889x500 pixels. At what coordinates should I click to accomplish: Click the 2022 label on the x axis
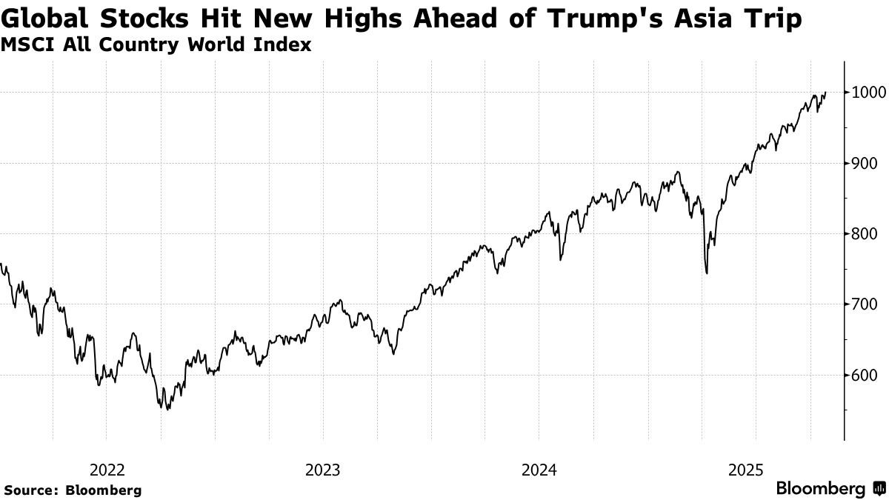pos(106,470)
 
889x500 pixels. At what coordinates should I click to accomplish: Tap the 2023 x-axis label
pos(322,470)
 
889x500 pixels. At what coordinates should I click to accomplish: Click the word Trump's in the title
pos(618,19)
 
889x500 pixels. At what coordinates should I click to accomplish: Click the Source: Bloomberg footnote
pos(73,490)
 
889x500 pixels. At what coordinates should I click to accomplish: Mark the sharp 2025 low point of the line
pos(707,273)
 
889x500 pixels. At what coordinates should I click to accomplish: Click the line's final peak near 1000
pos(825,93)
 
